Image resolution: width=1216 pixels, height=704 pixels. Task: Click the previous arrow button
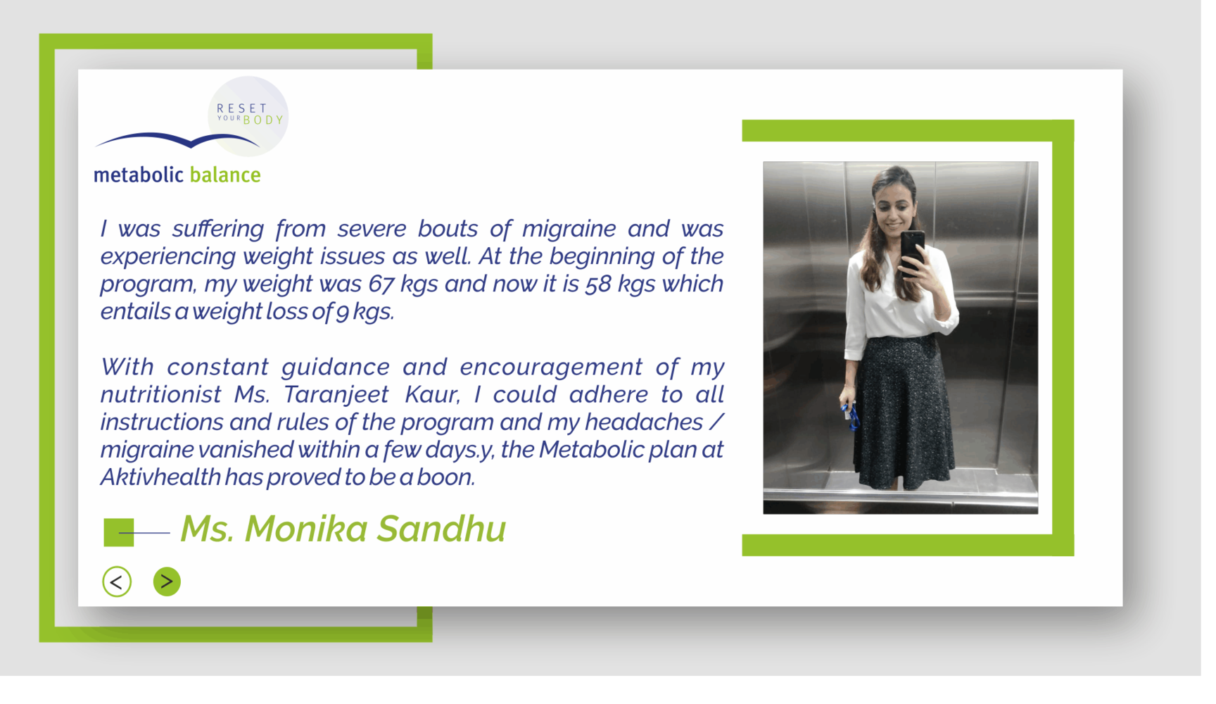click(117, 582)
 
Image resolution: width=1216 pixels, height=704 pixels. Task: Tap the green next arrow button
click(167, 582)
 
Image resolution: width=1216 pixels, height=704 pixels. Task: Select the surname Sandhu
click(441, 529)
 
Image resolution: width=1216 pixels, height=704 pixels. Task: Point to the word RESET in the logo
click(242, 108)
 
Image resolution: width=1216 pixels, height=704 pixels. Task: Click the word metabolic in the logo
click(139, 175)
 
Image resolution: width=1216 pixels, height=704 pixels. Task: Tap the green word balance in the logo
click(225, 175)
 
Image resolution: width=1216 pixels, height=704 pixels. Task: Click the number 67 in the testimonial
click(381, 284)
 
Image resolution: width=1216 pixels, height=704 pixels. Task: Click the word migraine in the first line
click(569, 230)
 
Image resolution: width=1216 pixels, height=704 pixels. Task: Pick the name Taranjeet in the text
click(336, 395)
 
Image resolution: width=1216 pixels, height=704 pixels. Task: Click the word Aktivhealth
click(160, 477)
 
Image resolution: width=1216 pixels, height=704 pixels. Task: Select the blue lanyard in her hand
click(851, 417)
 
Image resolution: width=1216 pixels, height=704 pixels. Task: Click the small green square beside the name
click(119, 532)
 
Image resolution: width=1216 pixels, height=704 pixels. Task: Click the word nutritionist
click(160, 395)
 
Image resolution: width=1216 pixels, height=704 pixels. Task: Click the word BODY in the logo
click(263, 120)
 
